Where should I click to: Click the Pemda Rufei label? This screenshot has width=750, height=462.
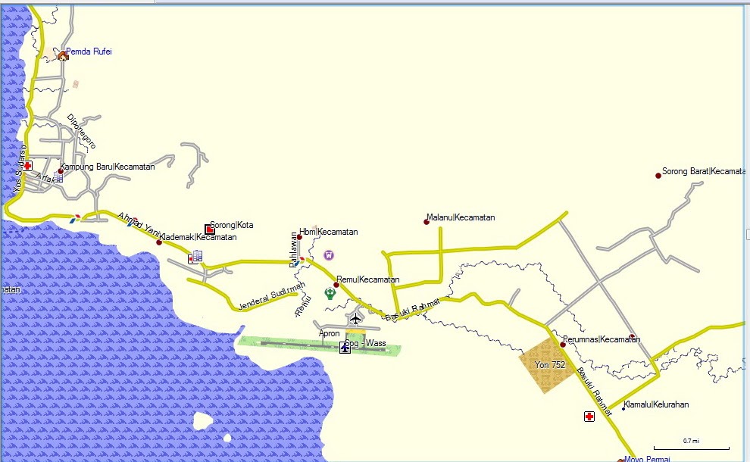pos(89,52)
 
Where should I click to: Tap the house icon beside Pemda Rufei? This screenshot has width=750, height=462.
pos(62,55)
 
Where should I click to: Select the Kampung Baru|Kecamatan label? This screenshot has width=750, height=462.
pos(108,167)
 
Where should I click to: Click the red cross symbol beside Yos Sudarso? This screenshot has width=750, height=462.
pos(28,165)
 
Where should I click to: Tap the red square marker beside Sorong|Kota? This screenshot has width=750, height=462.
pos(210,229)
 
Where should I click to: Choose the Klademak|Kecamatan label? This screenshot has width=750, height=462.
pos(198,237)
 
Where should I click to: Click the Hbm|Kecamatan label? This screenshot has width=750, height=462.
pos(328,232)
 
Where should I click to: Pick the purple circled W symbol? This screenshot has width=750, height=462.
pos(329,255)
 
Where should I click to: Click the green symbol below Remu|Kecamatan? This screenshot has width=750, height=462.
pos(330,293)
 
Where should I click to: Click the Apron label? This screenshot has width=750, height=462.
pos(330,333)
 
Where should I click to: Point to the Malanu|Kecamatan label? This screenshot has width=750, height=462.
pos(461,217)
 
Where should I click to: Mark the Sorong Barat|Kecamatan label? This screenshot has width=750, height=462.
pos(704,171)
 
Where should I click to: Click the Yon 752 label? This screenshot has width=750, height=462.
pos(550,365)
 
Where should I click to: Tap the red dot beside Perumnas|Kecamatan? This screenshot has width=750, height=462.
pos(563,345)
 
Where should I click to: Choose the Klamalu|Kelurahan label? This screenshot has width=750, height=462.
pos(656,404)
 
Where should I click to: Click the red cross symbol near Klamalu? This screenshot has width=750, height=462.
pos(589,416)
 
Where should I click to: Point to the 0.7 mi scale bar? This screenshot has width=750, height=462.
pos(691,445)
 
